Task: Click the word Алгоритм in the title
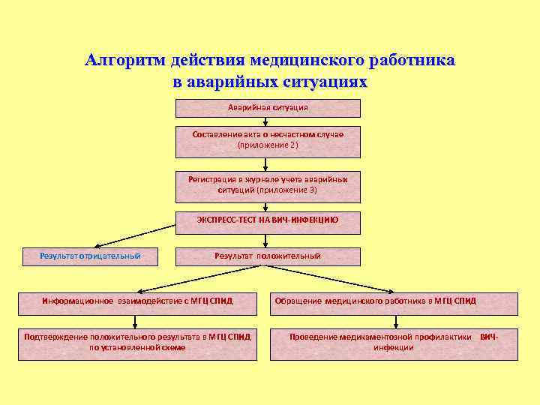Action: pyautogui.click(x=125, y=60)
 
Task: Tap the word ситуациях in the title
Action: pyautogui.click(x=324, y=81)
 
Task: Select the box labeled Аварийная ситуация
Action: pyautogui.click(x=268, y=108)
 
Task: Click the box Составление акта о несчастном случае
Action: pyautogui.click(x=268, y=141)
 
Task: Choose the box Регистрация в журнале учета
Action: pyautogui.click(x=268, y=186)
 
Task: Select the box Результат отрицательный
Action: pyautogui.click(x=91, y=256)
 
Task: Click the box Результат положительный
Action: pyautogui.click(x=268, y=256)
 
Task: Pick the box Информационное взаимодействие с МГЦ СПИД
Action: pyautogui.click(x=138, y=301)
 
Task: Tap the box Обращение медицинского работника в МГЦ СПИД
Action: pyautogui.click(x=394, y=301)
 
